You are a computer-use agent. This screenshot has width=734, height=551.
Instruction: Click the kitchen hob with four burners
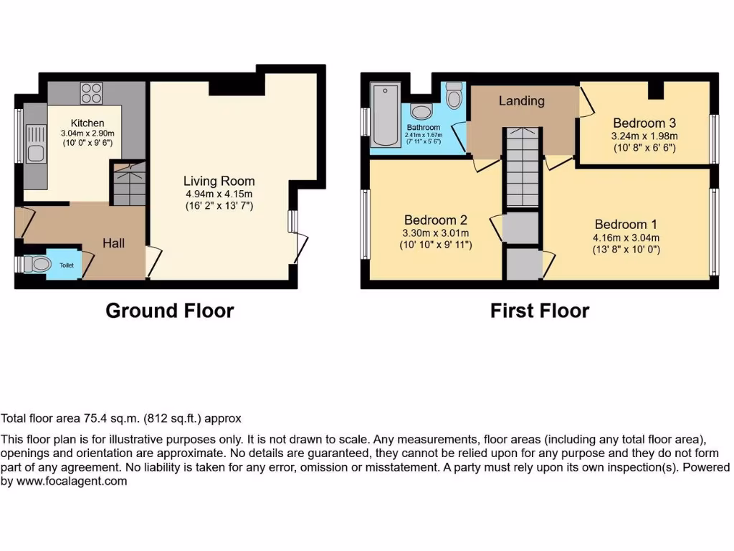91,93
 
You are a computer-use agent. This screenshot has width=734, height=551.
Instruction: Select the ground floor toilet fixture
39,265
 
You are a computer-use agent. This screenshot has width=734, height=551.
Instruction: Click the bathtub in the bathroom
386,115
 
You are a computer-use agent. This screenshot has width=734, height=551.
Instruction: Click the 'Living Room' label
219,181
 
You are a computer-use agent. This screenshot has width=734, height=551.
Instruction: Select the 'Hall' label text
113,243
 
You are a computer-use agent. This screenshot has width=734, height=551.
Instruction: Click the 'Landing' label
521,101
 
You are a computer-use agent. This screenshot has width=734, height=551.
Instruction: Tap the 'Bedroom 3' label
644,123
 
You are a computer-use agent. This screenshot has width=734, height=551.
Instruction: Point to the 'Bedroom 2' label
435,220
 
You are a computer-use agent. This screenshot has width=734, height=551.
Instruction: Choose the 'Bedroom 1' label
626,224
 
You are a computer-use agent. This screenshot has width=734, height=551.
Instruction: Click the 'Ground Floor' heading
170,311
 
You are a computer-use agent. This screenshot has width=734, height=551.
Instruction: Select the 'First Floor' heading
540,311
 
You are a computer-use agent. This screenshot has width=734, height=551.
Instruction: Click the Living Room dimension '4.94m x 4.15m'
219,194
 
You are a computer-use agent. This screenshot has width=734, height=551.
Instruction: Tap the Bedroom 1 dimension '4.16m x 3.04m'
626,237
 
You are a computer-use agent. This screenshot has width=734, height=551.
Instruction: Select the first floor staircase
521,169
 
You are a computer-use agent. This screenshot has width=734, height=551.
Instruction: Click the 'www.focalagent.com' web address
71,481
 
